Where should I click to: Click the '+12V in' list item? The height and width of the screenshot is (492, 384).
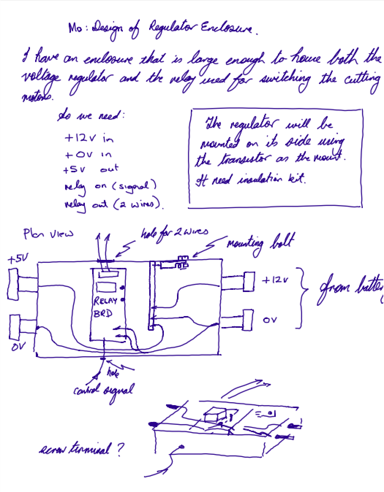89,138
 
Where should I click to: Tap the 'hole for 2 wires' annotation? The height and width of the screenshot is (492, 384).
174,232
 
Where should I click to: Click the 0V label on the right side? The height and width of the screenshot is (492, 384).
270,320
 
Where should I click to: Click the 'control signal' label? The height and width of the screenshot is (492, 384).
103,390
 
